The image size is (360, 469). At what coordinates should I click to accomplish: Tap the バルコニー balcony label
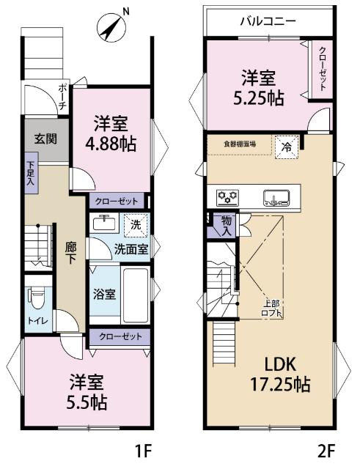pyautogui.click(x=268, y=21)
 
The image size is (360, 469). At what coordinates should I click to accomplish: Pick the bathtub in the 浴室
pyautogui.click(x=134, y=294)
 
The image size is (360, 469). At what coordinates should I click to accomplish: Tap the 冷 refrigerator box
pyautogui.click(x=287, y=145)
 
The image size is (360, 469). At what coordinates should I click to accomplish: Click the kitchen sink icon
pyautogui.click(x=279, y=196)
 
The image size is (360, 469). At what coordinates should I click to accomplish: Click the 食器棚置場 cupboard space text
pyautogui.click(x=240, y=144)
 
